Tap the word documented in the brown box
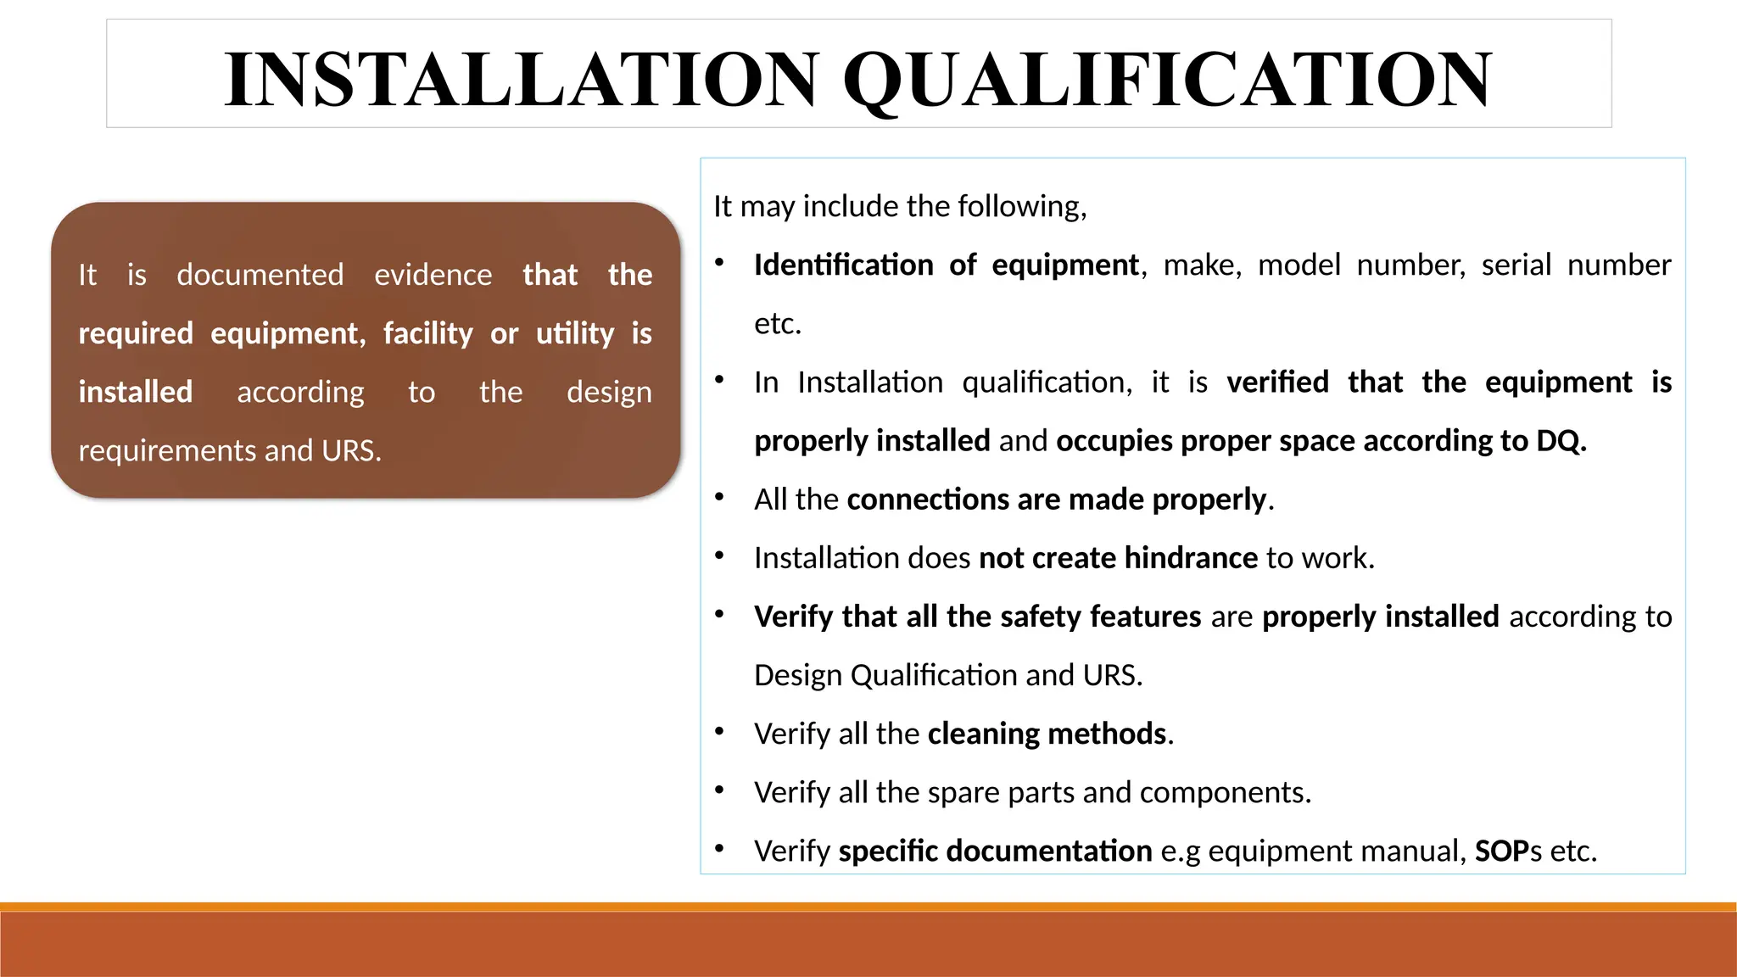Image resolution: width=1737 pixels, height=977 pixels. click(x=260, y=275)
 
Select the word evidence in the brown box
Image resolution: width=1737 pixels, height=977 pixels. click(x=433, y=275)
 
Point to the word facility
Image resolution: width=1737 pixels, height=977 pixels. click(x=427, y=333)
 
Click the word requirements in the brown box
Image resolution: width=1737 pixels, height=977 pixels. click(x=167, y=450)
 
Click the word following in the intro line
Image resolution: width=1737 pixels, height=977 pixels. click(x=1019, y=206)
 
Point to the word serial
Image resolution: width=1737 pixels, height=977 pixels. click(x=1516, y=265)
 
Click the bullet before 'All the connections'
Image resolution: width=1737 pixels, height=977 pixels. click(x=719, y=497)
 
